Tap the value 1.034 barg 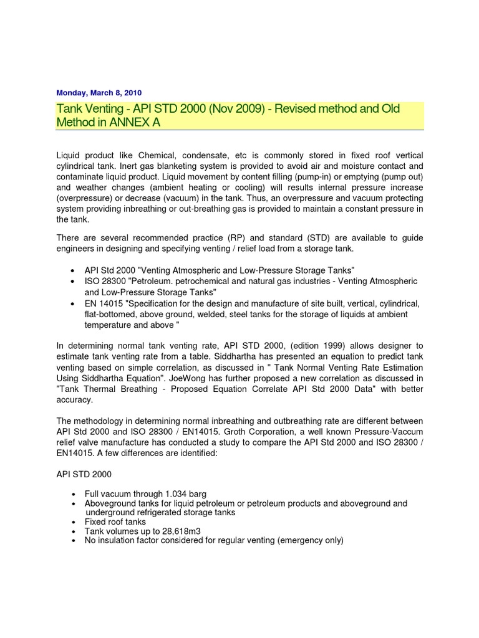click(x=184, y=493)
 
